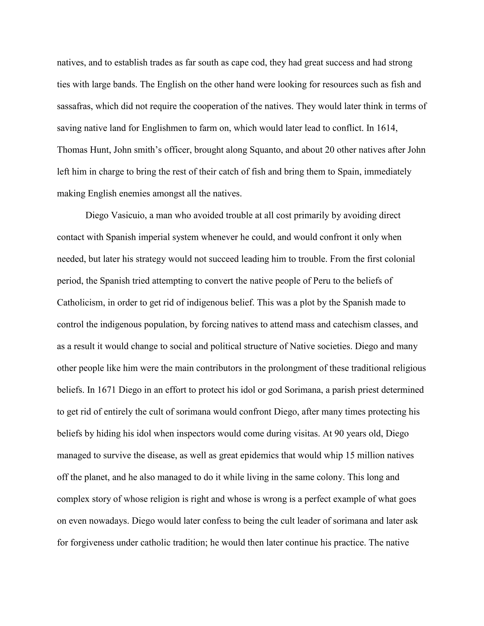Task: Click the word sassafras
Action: coord(74,106)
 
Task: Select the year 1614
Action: coord(386,128)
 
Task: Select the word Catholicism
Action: coord(80,303)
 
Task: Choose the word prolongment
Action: coord(292,368)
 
